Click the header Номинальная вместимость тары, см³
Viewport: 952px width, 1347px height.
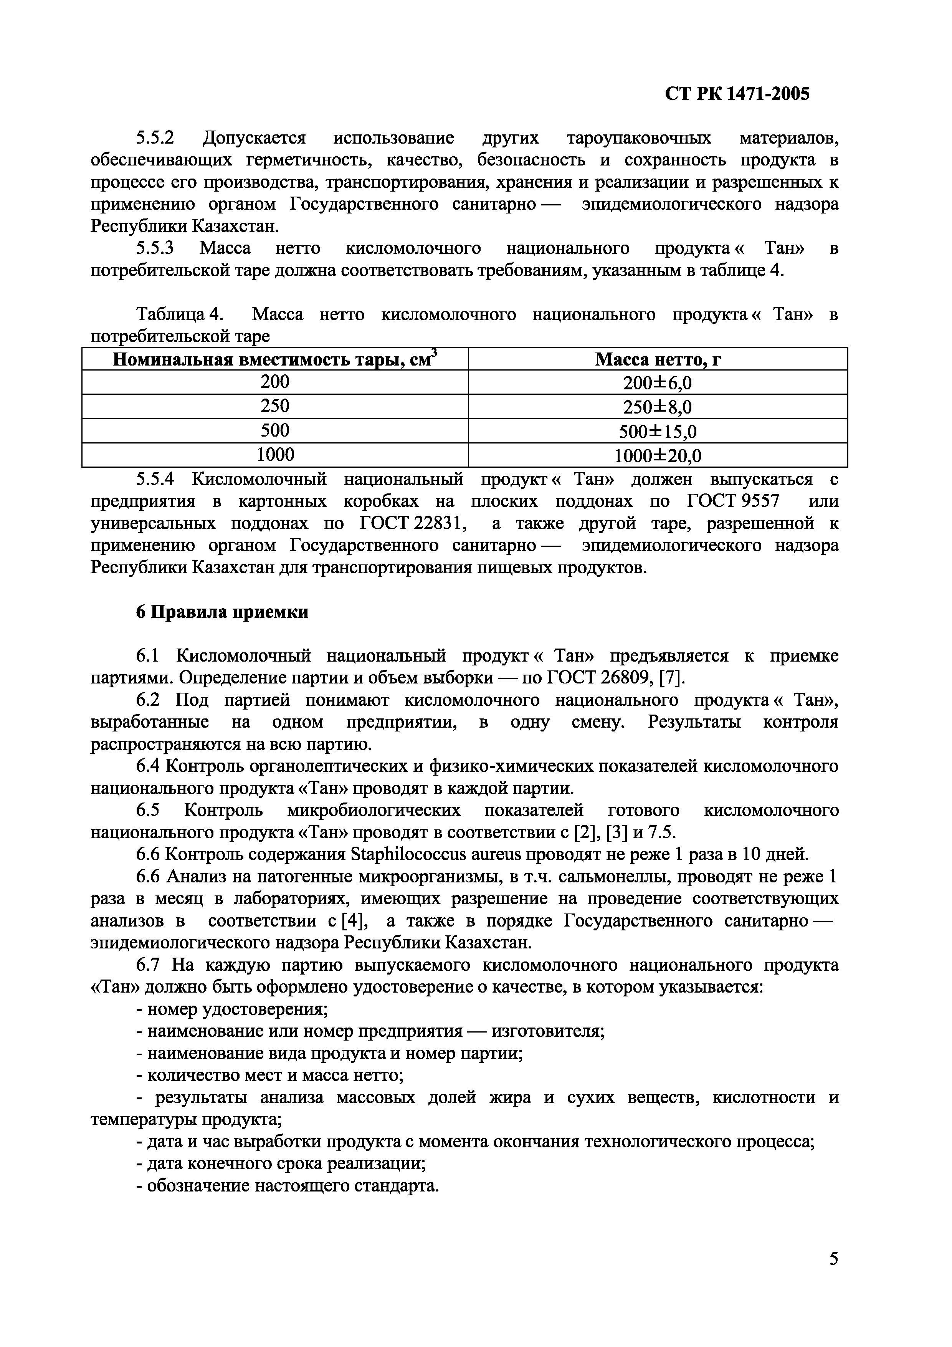tap(274, 359)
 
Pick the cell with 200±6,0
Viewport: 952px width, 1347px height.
tap(658, 383)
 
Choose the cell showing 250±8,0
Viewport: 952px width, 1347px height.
tap(658, 407)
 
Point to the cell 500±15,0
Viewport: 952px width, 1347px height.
tap(658, 432)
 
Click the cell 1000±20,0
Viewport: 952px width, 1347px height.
tap(658, 456)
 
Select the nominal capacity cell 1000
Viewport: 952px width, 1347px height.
tap(274, 455)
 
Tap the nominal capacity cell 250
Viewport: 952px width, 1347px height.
tap(274, 406)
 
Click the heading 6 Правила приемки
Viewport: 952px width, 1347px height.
tap(222, 612)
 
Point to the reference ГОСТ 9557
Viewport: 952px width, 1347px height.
tap(733, 501)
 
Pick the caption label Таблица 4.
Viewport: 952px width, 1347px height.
tap(180, 315)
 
